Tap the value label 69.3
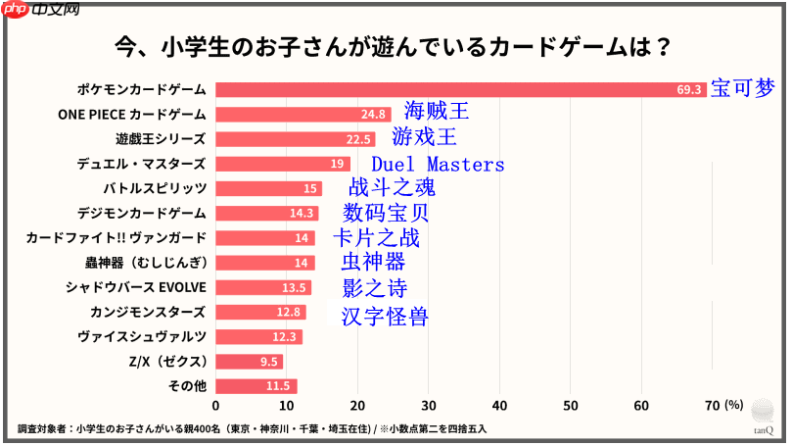coord(689,89)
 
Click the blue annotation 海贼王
coord(437,112)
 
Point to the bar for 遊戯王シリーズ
coord(295,139)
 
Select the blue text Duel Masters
coord(438,165)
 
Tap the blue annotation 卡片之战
coord(376,237)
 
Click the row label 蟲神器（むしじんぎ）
coord(145,263)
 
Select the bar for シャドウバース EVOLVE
coord(263,287)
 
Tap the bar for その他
coord(256,386)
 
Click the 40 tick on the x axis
coord(500,406)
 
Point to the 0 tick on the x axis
coord(216,406)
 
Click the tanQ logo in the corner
coord(763,424)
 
